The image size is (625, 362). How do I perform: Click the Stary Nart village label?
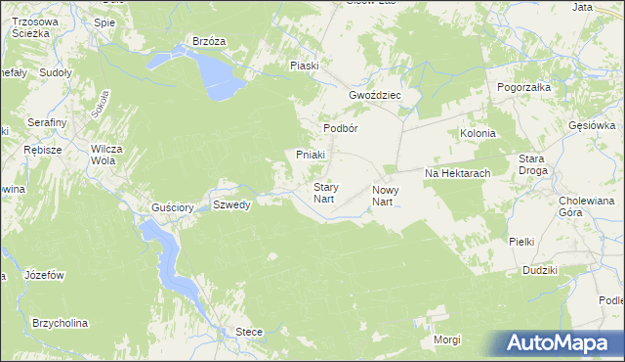coord(325,192)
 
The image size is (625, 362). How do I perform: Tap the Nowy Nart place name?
coord(382,195)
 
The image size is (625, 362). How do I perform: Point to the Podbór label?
coord(343,129)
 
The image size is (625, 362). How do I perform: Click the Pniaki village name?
coord(311,155)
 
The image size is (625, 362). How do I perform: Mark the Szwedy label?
coord(233,204)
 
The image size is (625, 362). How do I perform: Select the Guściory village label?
coord(171,207)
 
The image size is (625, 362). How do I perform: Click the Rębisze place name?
coord(43,150)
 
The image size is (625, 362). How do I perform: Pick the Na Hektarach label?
coord(456,173)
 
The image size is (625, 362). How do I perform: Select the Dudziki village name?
coord(539,270)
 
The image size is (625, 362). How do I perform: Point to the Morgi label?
coord(447,339)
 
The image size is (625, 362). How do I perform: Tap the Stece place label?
coord(249,333)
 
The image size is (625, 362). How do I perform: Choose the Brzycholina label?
coord(60,323)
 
